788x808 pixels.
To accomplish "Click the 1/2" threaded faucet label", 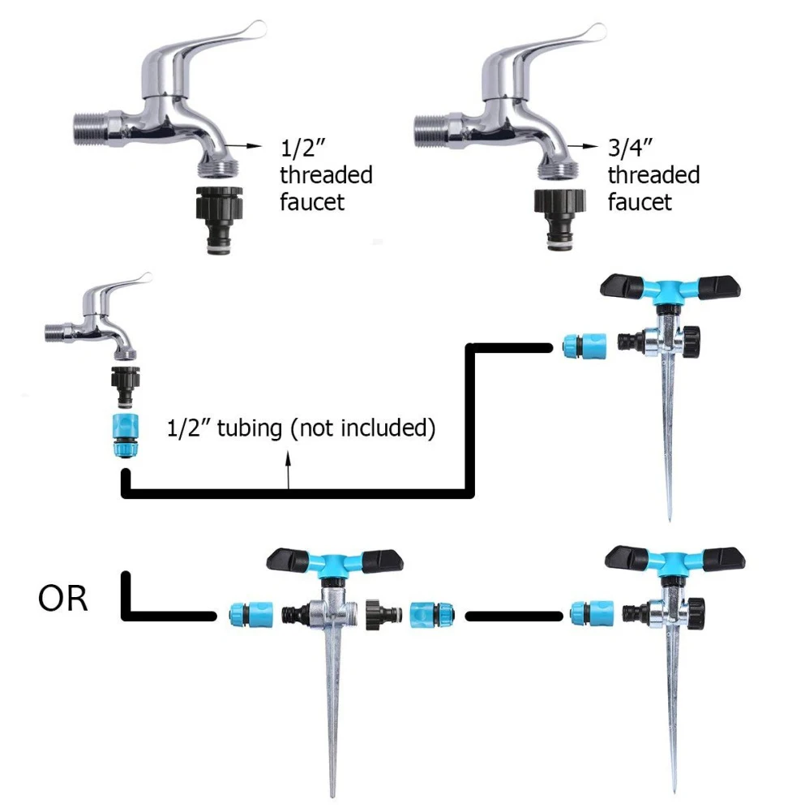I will click(x=325, y=174).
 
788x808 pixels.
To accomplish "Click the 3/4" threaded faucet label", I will click(x=653, y=174).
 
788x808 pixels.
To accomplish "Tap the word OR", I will click(x=62, y=601).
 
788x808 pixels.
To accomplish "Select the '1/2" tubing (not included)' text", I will click(x=301, y=428).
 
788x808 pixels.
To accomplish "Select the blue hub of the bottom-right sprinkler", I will click(x=672, y=561).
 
